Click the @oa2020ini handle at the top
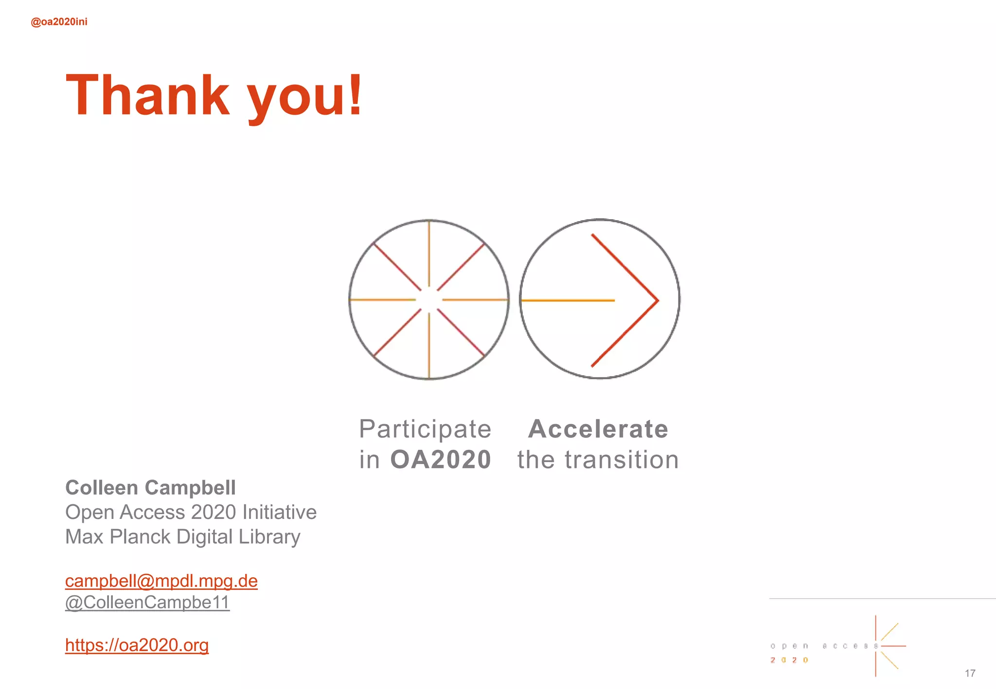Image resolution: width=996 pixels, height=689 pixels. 59,22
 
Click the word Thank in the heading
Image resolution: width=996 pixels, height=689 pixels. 147,95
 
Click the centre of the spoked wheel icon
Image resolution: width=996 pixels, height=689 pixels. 429,300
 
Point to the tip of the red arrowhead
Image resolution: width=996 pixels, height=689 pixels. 658,301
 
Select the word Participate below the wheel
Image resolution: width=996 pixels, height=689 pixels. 425,429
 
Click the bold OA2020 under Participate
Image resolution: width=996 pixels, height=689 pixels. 441,460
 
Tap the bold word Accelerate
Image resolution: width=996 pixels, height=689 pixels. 598,429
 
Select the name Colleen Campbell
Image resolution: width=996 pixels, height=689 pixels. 150,488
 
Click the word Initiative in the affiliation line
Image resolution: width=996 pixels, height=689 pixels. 279,512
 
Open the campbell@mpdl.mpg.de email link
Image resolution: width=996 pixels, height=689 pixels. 161,581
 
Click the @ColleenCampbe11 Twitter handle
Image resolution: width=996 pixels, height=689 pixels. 147,603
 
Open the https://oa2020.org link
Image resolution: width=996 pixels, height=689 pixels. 137,645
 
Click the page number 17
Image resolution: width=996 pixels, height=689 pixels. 970,673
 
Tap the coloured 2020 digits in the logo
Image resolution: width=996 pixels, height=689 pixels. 789,660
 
